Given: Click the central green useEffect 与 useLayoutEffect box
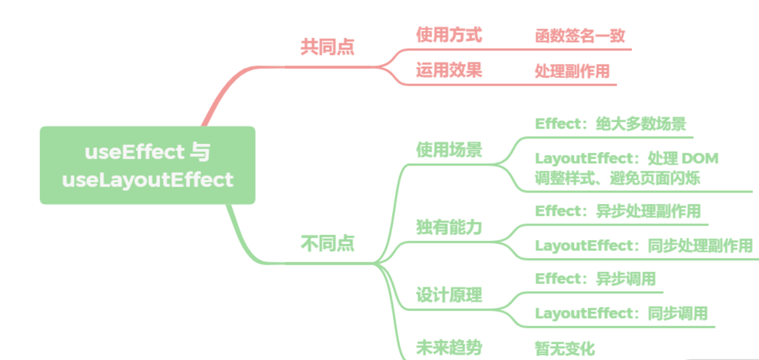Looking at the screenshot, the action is (147, 165).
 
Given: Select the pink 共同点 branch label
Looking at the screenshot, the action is (327, 47).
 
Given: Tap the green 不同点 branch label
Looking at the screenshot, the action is (327, 243).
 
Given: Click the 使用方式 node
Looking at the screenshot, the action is (449, 35).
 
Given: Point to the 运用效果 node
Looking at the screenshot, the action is (449, 70).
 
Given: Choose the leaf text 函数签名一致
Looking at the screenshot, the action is (580, 36).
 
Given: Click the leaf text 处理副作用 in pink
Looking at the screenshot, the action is (572, 71).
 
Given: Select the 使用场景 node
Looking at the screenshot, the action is (449, 149).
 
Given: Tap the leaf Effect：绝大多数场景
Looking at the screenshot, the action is (611, 124).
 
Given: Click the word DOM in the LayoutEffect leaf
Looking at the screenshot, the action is (700, 158).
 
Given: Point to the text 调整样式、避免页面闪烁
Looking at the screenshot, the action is (617, 178).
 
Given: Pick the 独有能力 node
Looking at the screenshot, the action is (449, 227).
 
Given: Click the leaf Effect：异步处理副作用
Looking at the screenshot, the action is (618, 211).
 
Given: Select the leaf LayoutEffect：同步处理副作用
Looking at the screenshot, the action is (644, 246).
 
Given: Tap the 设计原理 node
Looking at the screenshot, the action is (449, 295).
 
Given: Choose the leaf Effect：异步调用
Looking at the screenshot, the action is (595, 279).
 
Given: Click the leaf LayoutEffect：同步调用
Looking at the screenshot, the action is (621, 313).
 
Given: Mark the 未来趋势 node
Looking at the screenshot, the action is (449, 348).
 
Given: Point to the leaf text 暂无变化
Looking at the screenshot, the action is (565, 349).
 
